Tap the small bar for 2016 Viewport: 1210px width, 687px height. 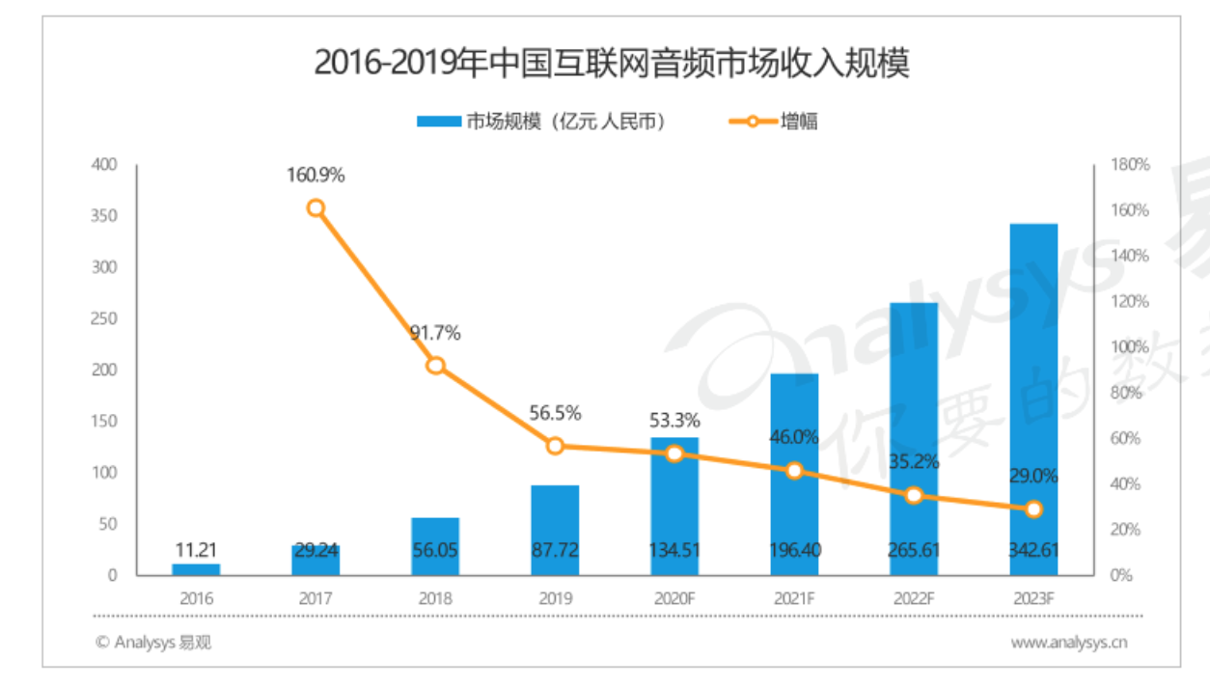tap(196, 569)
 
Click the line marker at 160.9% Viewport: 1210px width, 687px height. tap(316, 208)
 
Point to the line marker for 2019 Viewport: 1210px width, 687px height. tap(555, 446)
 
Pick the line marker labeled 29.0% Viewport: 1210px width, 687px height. tap(1033, 509)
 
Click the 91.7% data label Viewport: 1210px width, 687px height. tap(435, 334)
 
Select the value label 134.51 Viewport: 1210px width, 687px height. tap(674, 552)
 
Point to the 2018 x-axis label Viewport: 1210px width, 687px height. tap(435, 598)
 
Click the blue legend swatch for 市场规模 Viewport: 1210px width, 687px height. tap(439, 122)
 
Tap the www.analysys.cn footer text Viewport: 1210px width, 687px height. tap(1069, 642)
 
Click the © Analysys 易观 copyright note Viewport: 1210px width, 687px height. tap(153, 642)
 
